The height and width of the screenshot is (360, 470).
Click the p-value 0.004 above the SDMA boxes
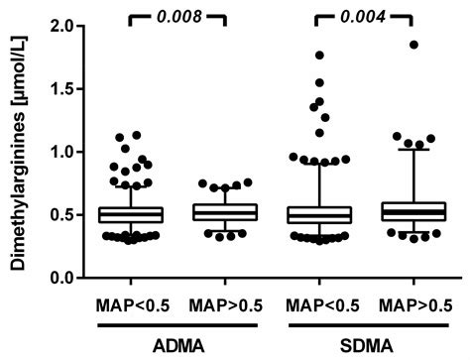(362, 16)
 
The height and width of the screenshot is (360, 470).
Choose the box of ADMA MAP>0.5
(221, 212)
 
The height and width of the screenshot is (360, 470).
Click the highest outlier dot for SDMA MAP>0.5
(413, 45)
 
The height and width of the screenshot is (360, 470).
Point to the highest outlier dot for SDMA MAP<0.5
(320, 56)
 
